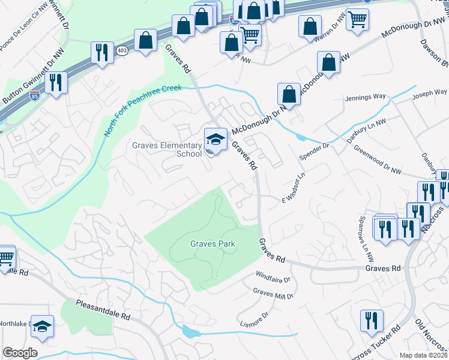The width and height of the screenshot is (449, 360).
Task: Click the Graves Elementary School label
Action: pyautogui.click(x=167, y=149)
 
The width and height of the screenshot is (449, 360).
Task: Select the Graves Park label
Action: pyautogui.click(x=212, y=244)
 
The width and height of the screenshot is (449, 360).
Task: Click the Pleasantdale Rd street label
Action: pyautogui.click(x=103, y=310)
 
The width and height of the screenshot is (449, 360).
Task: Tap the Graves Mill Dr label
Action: pyautogui.click(x=273, y=293)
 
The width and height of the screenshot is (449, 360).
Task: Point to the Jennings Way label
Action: pyautogui.click(x=365, y=97)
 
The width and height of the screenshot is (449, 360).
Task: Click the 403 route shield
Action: pyautogui.click(x=122, y=50)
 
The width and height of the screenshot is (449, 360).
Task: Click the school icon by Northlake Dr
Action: pyautogui.click(x=42, y=326)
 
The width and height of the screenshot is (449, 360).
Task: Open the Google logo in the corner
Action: pyautogui.click(x=20, y=353)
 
